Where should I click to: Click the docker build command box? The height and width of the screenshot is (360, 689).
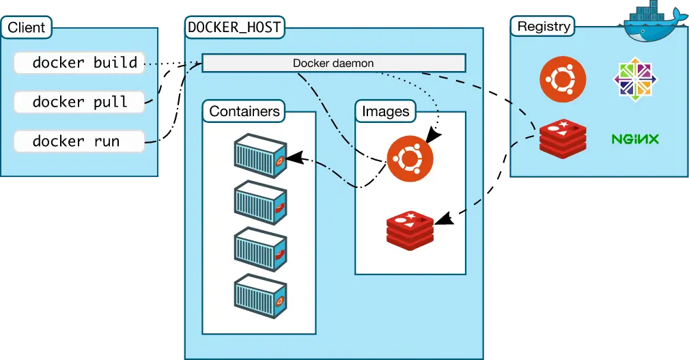[x=79, y=63]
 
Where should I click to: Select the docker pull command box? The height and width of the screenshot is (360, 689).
[x=79, y=102]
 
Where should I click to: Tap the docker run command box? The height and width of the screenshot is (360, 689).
[x=79, y=141]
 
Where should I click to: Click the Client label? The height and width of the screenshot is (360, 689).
[x=26, y=28]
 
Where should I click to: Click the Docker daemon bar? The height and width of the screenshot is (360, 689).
[x=333, y=64]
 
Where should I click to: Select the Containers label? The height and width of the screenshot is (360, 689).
[x=244, y=111]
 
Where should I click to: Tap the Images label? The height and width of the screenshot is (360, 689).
[x=385, y=111]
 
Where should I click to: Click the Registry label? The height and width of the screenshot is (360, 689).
[x=544, y=27]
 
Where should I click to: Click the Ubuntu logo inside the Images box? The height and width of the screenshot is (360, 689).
[x=410, y=158]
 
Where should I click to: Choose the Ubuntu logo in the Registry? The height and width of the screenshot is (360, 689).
[x=563, y=78]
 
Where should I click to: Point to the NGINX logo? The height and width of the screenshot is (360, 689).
[x=634, y=139]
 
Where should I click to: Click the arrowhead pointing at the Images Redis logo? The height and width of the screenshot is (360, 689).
[x=442, y=219]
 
